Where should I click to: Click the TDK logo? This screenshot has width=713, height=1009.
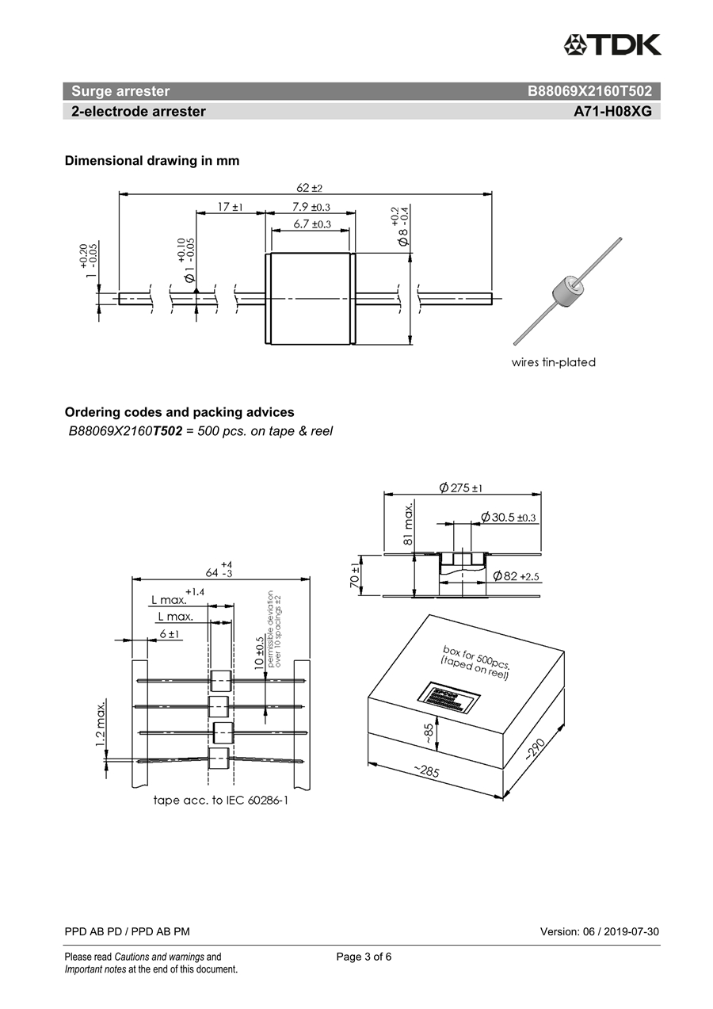(612, 44)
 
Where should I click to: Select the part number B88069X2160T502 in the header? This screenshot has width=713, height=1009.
(589, 91)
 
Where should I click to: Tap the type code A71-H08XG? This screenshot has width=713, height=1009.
(612, 112)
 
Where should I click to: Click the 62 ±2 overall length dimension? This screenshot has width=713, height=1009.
(309, 188)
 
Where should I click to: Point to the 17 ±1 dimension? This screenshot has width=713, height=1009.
(230, 207)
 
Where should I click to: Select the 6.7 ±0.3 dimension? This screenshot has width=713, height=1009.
(311, 224)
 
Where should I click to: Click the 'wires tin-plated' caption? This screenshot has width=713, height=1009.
(553, 362)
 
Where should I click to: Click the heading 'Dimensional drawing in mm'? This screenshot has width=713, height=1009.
(151, 161)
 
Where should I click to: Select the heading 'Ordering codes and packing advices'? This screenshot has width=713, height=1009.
(179, 412)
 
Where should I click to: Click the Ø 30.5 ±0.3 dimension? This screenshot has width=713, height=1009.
(509, 518)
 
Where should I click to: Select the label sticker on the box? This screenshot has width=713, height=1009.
(448, 698)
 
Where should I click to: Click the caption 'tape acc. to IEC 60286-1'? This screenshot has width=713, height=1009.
(221, 801)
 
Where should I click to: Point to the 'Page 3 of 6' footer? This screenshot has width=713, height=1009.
(364, 957)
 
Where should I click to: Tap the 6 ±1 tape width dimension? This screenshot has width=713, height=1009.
(170, 634)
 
